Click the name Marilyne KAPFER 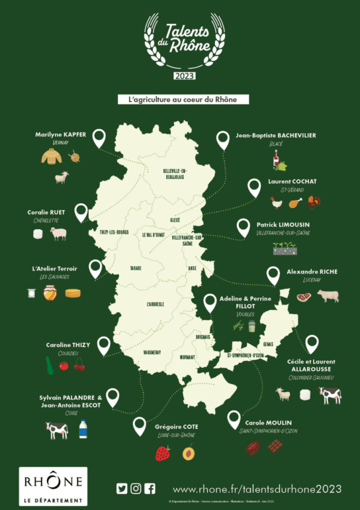tap(60, 134)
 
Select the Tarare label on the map tap(137, 269)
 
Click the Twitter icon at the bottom tap(122, 489)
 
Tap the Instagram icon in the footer tap(136, 489)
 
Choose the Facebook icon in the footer tap(150, 489)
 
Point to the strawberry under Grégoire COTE tap(162, 454)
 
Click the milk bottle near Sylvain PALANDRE tap(83, 429)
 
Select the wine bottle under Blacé tap(277, 160)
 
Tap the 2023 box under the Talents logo tap(180, 76)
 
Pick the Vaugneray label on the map tap(154, 352)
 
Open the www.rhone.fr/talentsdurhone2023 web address tap(257, 489)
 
